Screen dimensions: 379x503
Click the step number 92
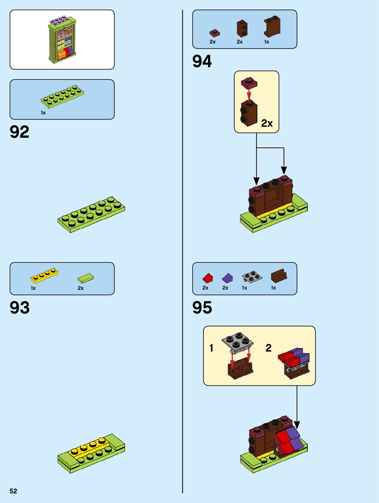(20, 132)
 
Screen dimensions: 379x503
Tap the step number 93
(20, 307)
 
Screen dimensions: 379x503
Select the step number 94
(202, 61)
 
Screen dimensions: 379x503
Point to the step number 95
(202, 307)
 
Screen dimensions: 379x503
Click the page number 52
(13, 491)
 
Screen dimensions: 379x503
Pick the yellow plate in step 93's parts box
(44, 275)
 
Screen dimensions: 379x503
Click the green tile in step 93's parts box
(86, 278)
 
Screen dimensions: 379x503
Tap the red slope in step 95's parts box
(208, 278)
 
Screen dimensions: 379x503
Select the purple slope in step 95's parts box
(227, 278)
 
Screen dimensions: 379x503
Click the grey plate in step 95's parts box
(252, 277)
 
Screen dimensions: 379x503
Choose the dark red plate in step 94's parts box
(215, 33)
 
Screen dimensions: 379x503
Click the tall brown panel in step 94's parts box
(272, 27)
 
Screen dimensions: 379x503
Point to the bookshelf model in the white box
(62, 40)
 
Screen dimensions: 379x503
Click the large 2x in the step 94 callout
(267, 123)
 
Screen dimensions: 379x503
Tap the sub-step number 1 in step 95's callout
(211, 348)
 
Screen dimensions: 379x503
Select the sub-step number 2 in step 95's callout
(269, 348)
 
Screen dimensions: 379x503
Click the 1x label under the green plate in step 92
(43, 113)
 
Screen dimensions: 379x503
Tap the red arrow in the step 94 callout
(249, 94)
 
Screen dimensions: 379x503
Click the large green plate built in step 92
(91, 214)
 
